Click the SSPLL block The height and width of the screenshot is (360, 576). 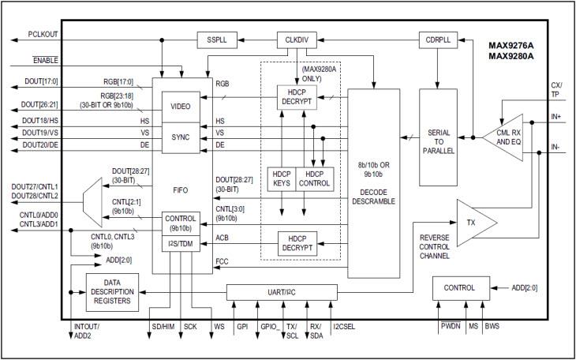tap(217, 39)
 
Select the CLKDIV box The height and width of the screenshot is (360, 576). tap(295, 39)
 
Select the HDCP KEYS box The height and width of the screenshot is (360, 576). tap(281, 178)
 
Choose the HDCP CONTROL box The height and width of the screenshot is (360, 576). tap(314, 178)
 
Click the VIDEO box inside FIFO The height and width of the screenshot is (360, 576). tap(181, 105)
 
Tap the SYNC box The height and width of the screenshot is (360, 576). tap(181, 137)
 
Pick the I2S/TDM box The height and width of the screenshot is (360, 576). tap(181, 244)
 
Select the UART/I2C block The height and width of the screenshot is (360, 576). tap(282, 292)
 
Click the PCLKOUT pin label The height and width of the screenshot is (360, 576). tap(44, 35)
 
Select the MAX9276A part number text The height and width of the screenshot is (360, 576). tap(512, 45)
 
